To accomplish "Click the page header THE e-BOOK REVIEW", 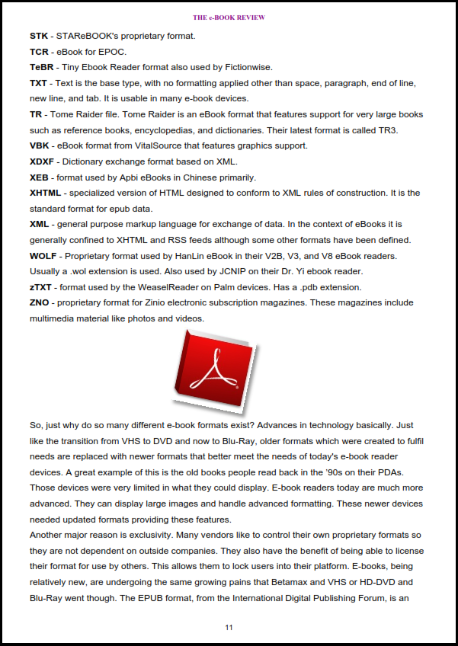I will (x=229, y=17).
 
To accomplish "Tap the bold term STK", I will (x=38, y=36).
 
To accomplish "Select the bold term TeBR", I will (x=42, y=67).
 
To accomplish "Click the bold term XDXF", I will (x=43, y=161).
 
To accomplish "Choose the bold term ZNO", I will (x=40, y=302).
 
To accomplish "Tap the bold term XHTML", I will (x=46, y=193).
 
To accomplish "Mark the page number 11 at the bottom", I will (x=229, y=628).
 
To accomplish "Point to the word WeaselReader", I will (x=171, y=287).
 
